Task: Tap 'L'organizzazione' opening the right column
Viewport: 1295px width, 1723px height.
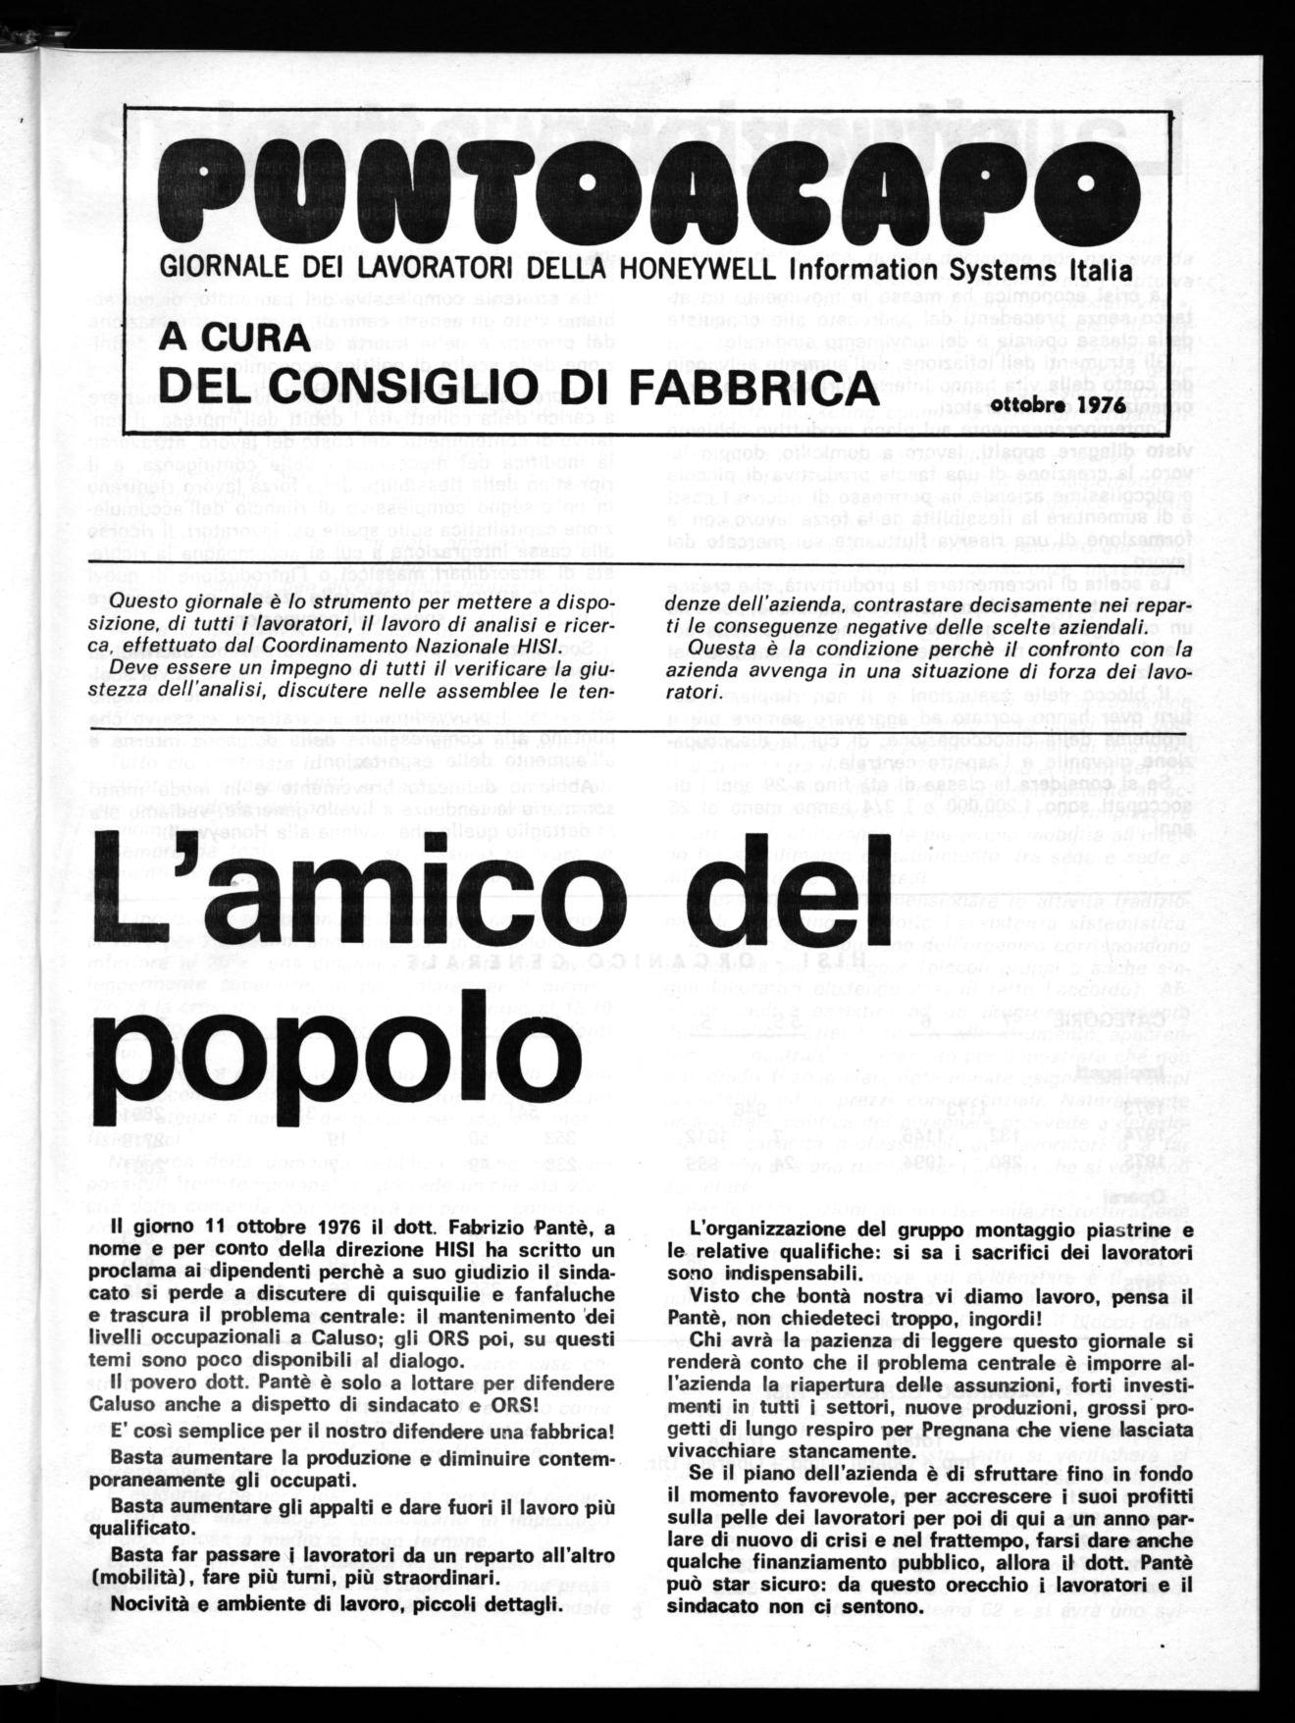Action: (765, 1230)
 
